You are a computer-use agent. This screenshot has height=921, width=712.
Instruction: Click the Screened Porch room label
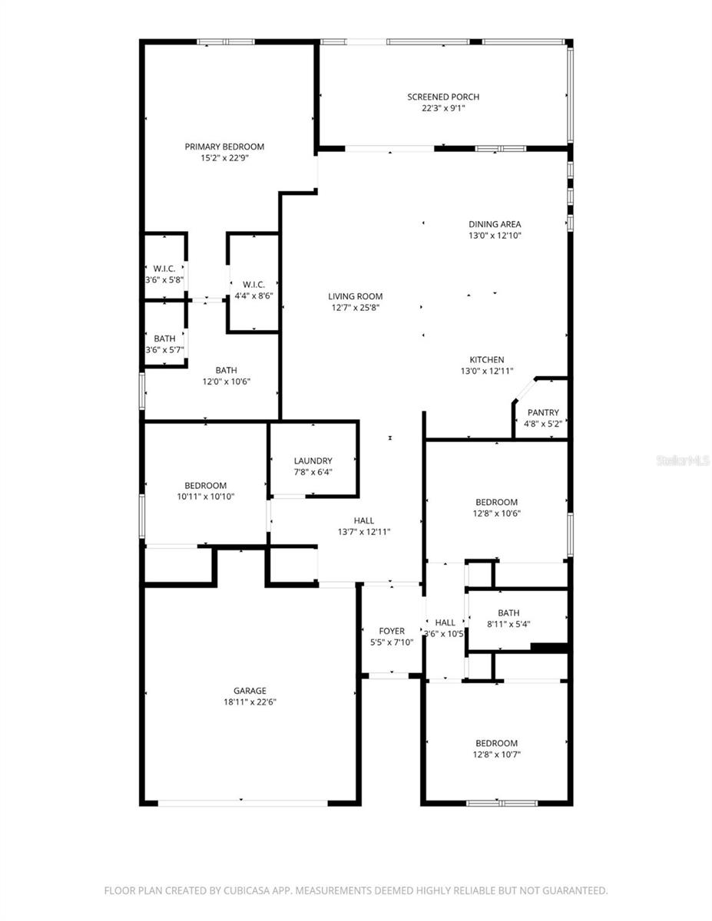[443, 97]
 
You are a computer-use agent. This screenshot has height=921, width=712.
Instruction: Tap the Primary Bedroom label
[224, 147]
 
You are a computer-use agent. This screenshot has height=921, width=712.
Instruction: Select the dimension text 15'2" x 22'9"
[224, 158]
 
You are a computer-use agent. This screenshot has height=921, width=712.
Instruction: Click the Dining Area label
[495, 225]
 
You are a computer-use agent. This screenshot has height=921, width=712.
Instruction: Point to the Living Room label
[355, 296]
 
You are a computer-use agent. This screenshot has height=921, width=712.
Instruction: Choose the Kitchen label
[487, 359]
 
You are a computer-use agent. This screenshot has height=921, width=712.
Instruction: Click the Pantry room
[543, 413]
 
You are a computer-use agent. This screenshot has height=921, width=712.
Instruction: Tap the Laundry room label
[313, 461]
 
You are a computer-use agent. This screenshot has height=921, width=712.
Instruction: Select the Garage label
[250, 690]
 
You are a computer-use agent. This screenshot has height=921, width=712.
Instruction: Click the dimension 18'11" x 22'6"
[250, 701]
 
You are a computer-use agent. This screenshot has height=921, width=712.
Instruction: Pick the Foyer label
[392, 631]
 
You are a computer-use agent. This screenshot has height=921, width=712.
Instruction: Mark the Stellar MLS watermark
[683, 460]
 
